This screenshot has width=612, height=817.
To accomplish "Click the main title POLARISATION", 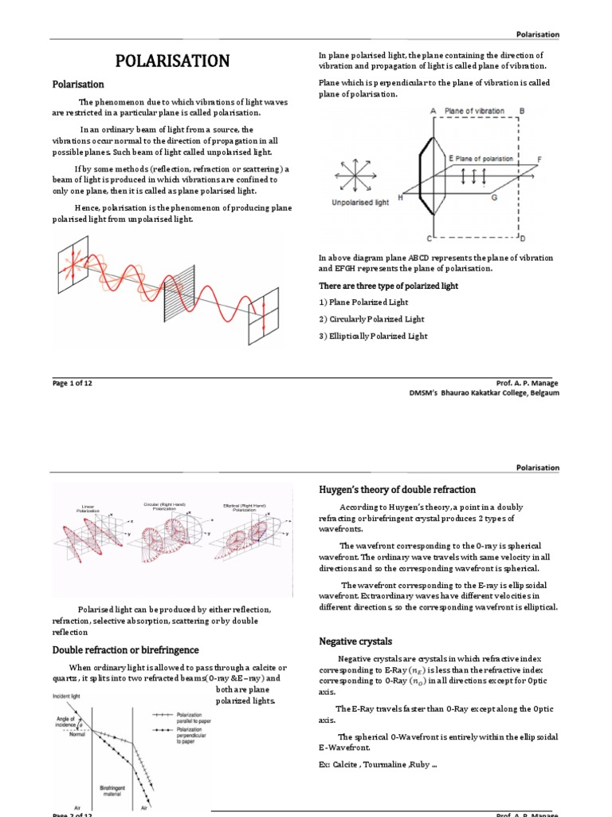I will (x=173, y=61).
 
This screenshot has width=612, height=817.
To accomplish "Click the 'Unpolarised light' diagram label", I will (x=360, y=203).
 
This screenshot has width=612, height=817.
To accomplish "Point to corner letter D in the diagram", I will (x=522, y=238).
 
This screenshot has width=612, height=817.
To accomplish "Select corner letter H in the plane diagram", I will (x=400, y=197).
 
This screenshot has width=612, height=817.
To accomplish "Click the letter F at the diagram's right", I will (x=539, y=160).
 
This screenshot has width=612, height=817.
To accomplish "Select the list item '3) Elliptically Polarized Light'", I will (x=373, y=336).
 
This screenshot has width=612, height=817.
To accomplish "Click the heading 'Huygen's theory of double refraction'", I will (x=397, y=489).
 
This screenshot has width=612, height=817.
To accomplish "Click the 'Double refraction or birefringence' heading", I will (x=125, y=650).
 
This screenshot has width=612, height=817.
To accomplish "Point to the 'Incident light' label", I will (x=72, y=697).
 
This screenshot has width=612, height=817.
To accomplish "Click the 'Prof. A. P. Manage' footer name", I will (x=527, y=383).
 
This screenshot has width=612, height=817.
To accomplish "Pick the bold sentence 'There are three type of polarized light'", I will (x=388, y=286).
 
